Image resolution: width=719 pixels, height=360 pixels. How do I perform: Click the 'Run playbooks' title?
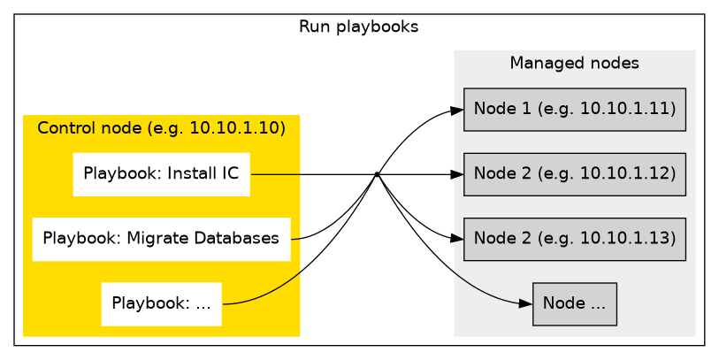358,27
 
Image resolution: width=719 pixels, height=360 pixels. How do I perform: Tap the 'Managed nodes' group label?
574,64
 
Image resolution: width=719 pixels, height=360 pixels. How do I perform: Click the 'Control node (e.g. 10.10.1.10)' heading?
161,128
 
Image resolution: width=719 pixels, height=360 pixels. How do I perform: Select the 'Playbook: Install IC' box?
161,173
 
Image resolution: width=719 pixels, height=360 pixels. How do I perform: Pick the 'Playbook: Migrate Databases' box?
161,238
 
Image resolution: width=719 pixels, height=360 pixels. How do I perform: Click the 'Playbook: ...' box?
161,303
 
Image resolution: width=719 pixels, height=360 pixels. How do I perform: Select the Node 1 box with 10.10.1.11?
574,110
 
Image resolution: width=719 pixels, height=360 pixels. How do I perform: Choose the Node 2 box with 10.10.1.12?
574,174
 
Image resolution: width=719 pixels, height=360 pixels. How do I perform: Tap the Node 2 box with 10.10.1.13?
574,239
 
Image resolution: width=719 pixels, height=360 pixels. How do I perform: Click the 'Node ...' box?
574,303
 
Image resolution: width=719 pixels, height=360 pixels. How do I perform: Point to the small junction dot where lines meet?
377,174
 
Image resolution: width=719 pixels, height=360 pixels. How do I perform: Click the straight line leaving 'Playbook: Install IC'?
310,174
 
